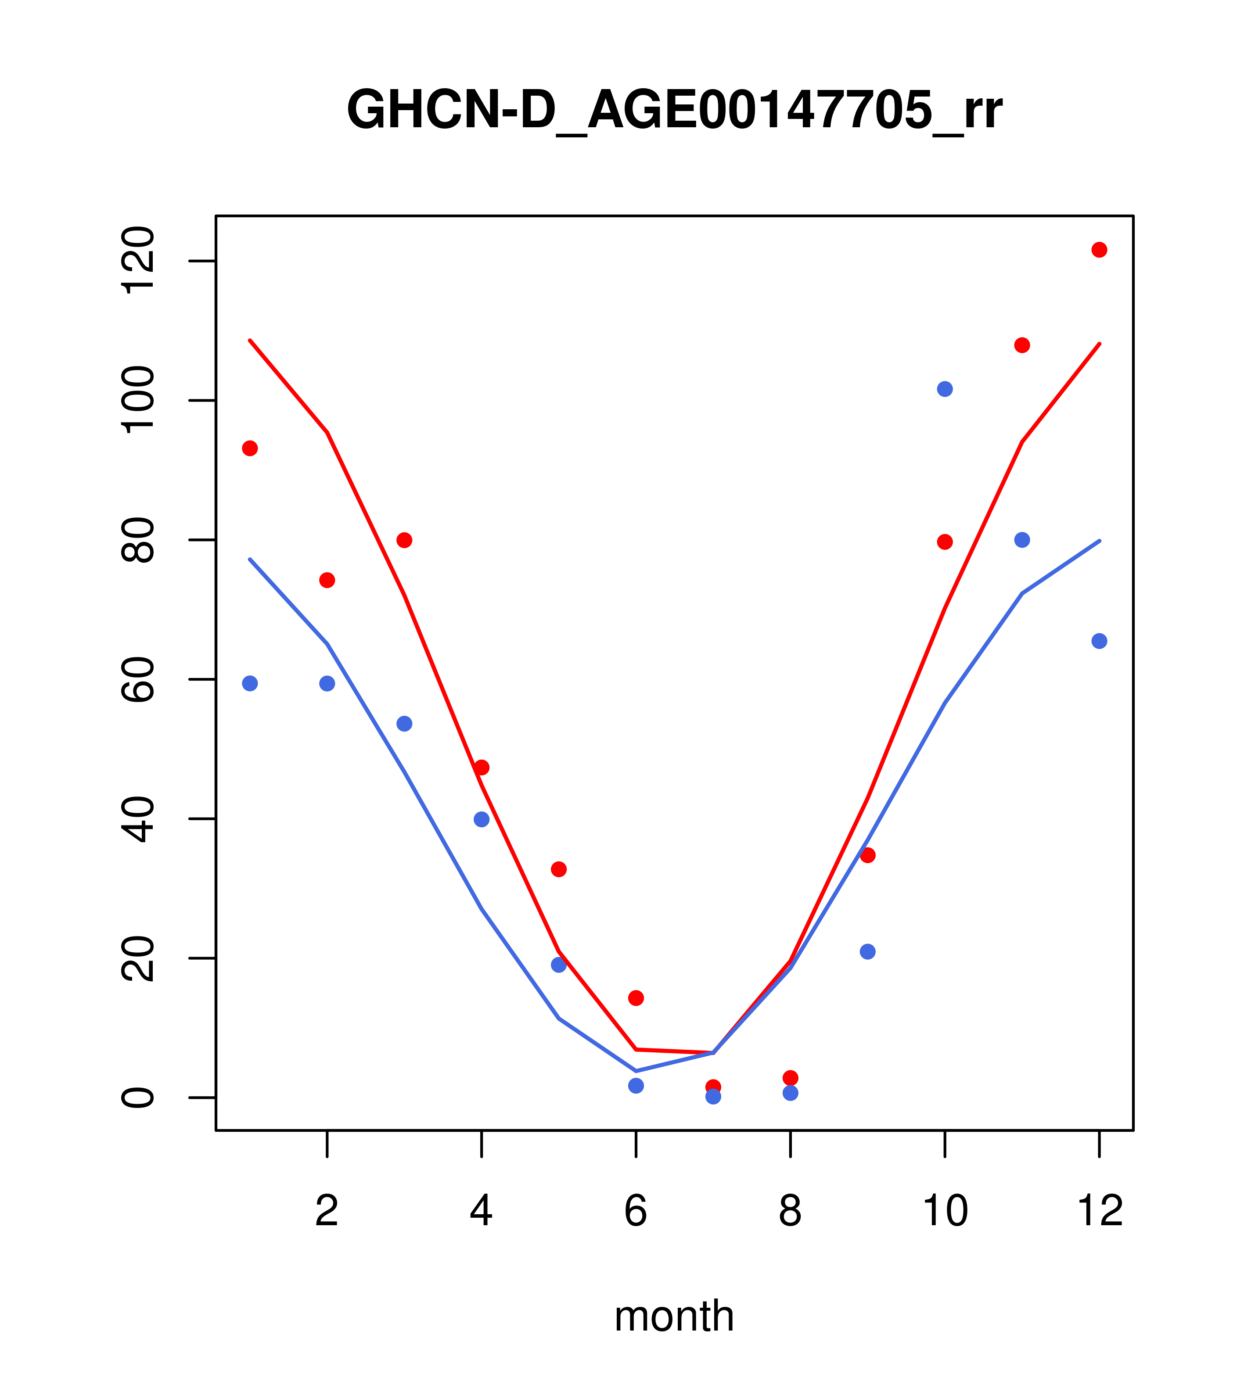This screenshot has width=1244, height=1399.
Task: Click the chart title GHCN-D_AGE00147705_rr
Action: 674,110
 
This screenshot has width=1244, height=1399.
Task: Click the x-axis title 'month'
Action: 674,1316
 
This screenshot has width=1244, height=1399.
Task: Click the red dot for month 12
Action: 1099,250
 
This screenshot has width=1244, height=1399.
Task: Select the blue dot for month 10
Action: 945,389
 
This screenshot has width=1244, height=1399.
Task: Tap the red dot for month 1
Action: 250,448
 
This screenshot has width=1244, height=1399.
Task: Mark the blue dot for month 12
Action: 1099,641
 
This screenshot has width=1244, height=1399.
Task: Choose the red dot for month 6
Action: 636,998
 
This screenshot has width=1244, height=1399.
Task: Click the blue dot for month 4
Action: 481,819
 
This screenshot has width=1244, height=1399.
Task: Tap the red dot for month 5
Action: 559,869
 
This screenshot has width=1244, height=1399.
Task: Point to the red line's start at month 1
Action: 250,340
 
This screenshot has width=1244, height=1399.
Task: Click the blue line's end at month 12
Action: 1099,541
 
